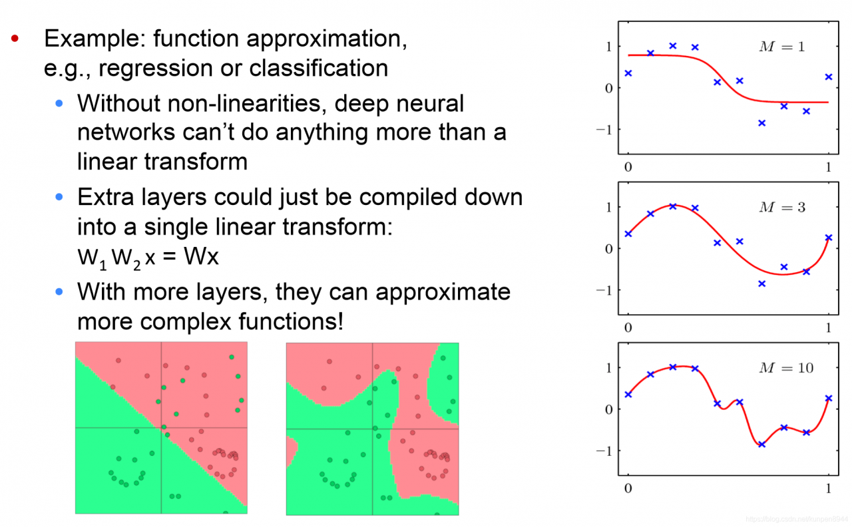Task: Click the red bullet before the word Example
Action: click(x=15, y=38)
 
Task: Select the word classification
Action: click(x=319, y=68)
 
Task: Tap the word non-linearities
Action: click(x=247, y=103)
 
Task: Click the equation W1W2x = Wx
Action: click(x=148, y=258)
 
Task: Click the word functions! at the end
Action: click(x=291, y=321)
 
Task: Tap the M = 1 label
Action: click(x=782, y=47)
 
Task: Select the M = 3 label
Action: click(x=782, y=207)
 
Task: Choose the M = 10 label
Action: click(x=786, y=368)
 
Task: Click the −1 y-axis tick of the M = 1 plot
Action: click(x=604, y=130)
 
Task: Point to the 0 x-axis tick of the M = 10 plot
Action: click(x=628, y=488)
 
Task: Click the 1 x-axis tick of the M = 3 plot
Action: click(x=829, y=328)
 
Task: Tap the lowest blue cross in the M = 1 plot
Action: click(x=762, y=123)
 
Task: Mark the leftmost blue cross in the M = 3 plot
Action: click(x=628, y=234)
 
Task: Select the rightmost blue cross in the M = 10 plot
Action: click(x=829, y=398)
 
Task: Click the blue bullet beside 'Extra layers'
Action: click(x=59, y=196)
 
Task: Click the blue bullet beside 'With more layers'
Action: click(x=59, y=291)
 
